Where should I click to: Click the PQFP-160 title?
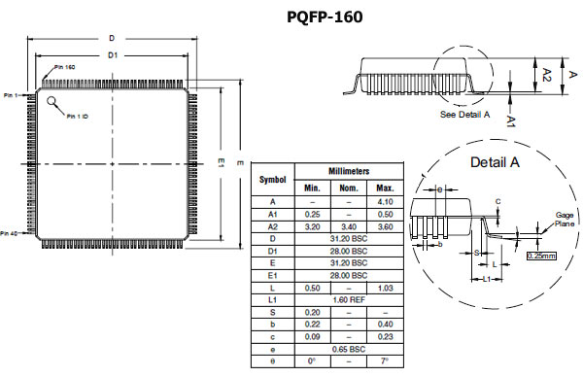[x=325, y=17]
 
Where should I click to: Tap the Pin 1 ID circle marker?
[x=51, y=101]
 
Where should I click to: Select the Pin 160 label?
[x=65, y=67]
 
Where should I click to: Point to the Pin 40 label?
[x=9, y=233]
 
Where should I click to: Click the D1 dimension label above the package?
[x=113, y=55]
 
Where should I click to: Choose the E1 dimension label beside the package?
[x=222, y=162]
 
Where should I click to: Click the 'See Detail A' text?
[x=464, y=115]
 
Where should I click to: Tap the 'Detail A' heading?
[x=495, y=162]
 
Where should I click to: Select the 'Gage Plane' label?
[x=565, y=220]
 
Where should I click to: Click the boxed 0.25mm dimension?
[x=542, y=256]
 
